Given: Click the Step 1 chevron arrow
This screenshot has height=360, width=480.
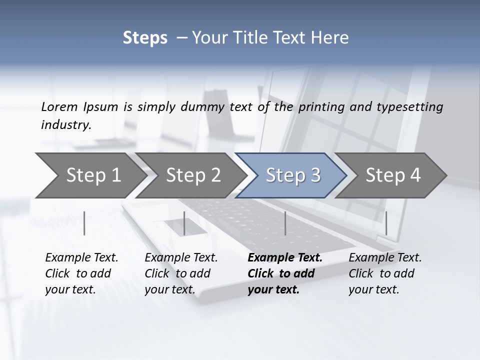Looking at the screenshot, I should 90,175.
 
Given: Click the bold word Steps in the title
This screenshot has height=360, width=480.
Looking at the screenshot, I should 145,38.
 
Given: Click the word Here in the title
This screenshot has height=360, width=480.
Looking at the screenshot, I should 330,38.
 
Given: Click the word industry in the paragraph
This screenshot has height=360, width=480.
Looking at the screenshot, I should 65,125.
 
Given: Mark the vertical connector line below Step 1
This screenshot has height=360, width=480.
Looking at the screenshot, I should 84,223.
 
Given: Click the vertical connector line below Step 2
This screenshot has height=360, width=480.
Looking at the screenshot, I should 184,223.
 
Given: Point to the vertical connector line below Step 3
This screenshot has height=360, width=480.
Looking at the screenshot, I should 285,223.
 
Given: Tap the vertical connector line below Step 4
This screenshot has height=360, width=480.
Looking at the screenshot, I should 386,223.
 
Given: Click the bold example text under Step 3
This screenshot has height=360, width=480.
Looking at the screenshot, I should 284,273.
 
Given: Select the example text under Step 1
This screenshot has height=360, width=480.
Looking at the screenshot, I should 81,273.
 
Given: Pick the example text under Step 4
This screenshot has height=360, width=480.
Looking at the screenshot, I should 384,273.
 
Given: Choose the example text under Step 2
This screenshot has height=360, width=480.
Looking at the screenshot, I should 180,273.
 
